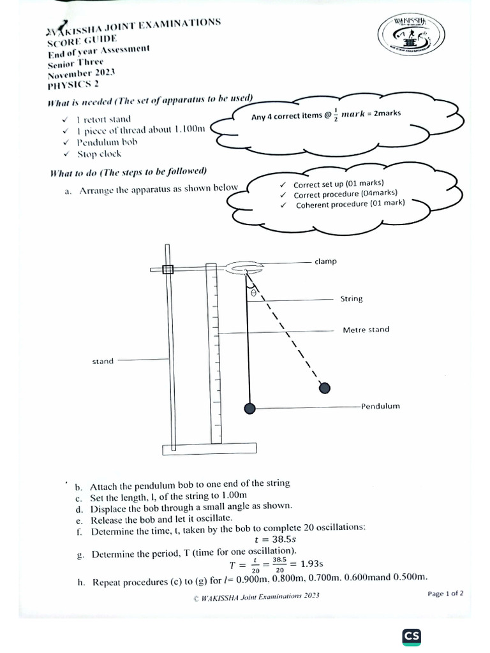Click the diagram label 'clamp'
tap(325, 261)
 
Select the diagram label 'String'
tap(352, 298)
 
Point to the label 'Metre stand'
tap(366, 330)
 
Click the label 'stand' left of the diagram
tap(103, 361)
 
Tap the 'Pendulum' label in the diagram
tap(380, 406)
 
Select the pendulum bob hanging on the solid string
tap(250, 407)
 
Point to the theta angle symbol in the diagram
tap(253, 292)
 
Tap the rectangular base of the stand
tap(200, 450)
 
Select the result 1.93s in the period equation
tap(311, 564)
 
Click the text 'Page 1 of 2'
tap(445, 593)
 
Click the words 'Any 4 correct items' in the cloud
tap(287, 116)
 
